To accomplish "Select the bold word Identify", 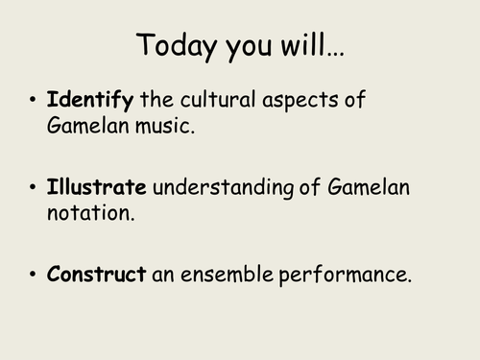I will click(x=92, y=101).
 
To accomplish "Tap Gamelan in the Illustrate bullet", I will click(x=375, y=187).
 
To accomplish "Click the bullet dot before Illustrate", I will click(x=35, y=188).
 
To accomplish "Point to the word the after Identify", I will click(x=158, y=101).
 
